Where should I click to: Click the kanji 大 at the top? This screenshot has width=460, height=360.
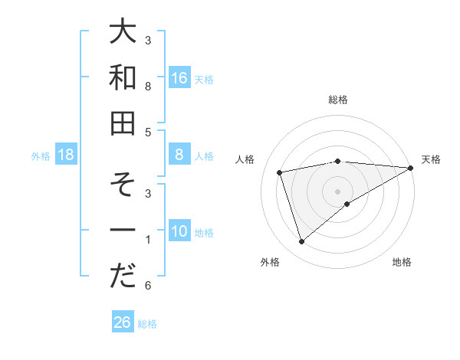coord(123,34)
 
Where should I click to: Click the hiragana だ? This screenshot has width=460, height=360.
coord(123,275)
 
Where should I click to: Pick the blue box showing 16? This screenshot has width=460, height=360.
coord(179,77)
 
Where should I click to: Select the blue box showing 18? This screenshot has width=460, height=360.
coord(66,155)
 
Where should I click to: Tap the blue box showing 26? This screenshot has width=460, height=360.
coord(122,322)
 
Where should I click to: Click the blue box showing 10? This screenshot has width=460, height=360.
coord(179,231)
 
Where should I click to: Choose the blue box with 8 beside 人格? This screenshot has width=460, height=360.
coord(179,155)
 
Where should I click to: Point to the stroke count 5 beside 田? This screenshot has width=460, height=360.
coord(147,132)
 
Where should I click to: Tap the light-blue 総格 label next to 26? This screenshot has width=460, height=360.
coord(147,323)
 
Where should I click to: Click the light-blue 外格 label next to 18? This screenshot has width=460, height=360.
coord(41,155)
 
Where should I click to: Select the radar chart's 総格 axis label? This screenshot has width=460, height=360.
coord(338,100)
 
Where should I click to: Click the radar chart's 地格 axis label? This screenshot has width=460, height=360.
coord(402,262)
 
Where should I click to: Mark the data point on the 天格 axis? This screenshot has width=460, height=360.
coord(410,168)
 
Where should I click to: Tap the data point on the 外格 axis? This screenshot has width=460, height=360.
coord(301,242)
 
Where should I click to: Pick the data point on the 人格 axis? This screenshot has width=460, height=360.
coord(280,172)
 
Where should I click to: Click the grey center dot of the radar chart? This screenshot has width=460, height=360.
coord(338,191)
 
